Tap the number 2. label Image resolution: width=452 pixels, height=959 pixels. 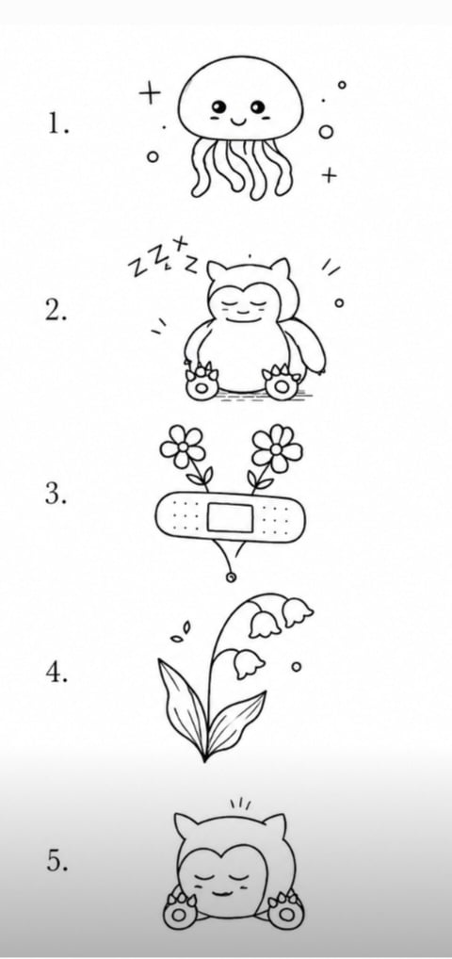[56, 311]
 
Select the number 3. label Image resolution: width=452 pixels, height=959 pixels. [56, 495]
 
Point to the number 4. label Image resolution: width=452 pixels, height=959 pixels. [56, 673]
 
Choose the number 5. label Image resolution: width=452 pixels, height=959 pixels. [56, 861]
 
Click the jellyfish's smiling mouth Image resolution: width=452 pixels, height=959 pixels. [237, 121]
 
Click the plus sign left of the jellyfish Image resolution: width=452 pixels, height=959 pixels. [149, 94]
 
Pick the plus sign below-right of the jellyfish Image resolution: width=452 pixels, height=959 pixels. [329, 175]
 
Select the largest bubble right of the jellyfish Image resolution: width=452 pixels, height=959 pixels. [327, 132]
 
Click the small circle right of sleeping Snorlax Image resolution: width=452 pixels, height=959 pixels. [339, 302]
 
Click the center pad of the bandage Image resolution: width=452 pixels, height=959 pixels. [230, 517]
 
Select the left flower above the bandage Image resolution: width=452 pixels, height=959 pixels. [183, 447]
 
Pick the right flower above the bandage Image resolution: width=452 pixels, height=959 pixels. [277, 449]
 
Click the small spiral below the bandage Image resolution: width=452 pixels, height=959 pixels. [230, 577]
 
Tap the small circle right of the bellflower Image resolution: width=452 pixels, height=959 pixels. [296, 667]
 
